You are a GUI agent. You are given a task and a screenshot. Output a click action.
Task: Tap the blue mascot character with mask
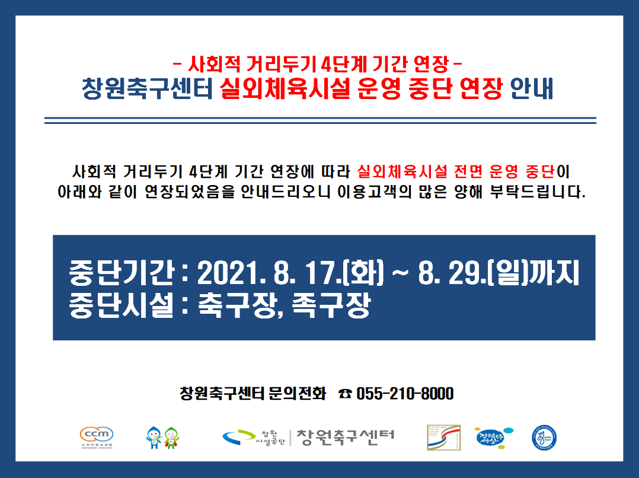coord(154,438)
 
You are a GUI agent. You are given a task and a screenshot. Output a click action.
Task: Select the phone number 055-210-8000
coord(405,394)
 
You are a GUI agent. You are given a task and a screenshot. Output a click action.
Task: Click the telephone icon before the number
coord(345,394)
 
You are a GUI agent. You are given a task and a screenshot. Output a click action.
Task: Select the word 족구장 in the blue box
coord(331,305)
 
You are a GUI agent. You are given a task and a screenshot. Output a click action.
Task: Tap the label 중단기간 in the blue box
coord(122,272)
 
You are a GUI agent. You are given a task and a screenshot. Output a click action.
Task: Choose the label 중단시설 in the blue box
coord(122,305)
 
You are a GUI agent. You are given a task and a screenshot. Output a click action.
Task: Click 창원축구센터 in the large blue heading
coord(147,88)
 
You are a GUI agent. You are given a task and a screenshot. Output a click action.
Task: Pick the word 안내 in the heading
coord(531,88)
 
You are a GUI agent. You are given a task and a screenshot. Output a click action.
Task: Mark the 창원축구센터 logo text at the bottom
coord(345,438)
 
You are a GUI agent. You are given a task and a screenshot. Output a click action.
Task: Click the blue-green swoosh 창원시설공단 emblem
coord(238,438)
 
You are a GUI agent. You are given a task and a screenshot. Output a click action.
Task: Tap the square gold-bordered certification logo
coord(444,438)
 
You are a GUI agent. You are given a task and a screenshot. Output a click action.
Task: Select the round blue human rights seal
coord(544,438)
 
